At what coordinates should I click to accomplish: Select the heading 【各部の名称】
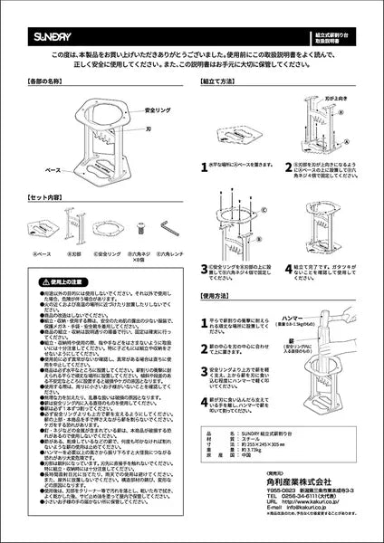pos(43,81)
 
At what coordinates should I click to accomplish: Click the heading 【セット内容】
pos(43,196)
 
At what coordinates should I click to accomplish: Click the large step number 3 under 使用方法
pos(205,368)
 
